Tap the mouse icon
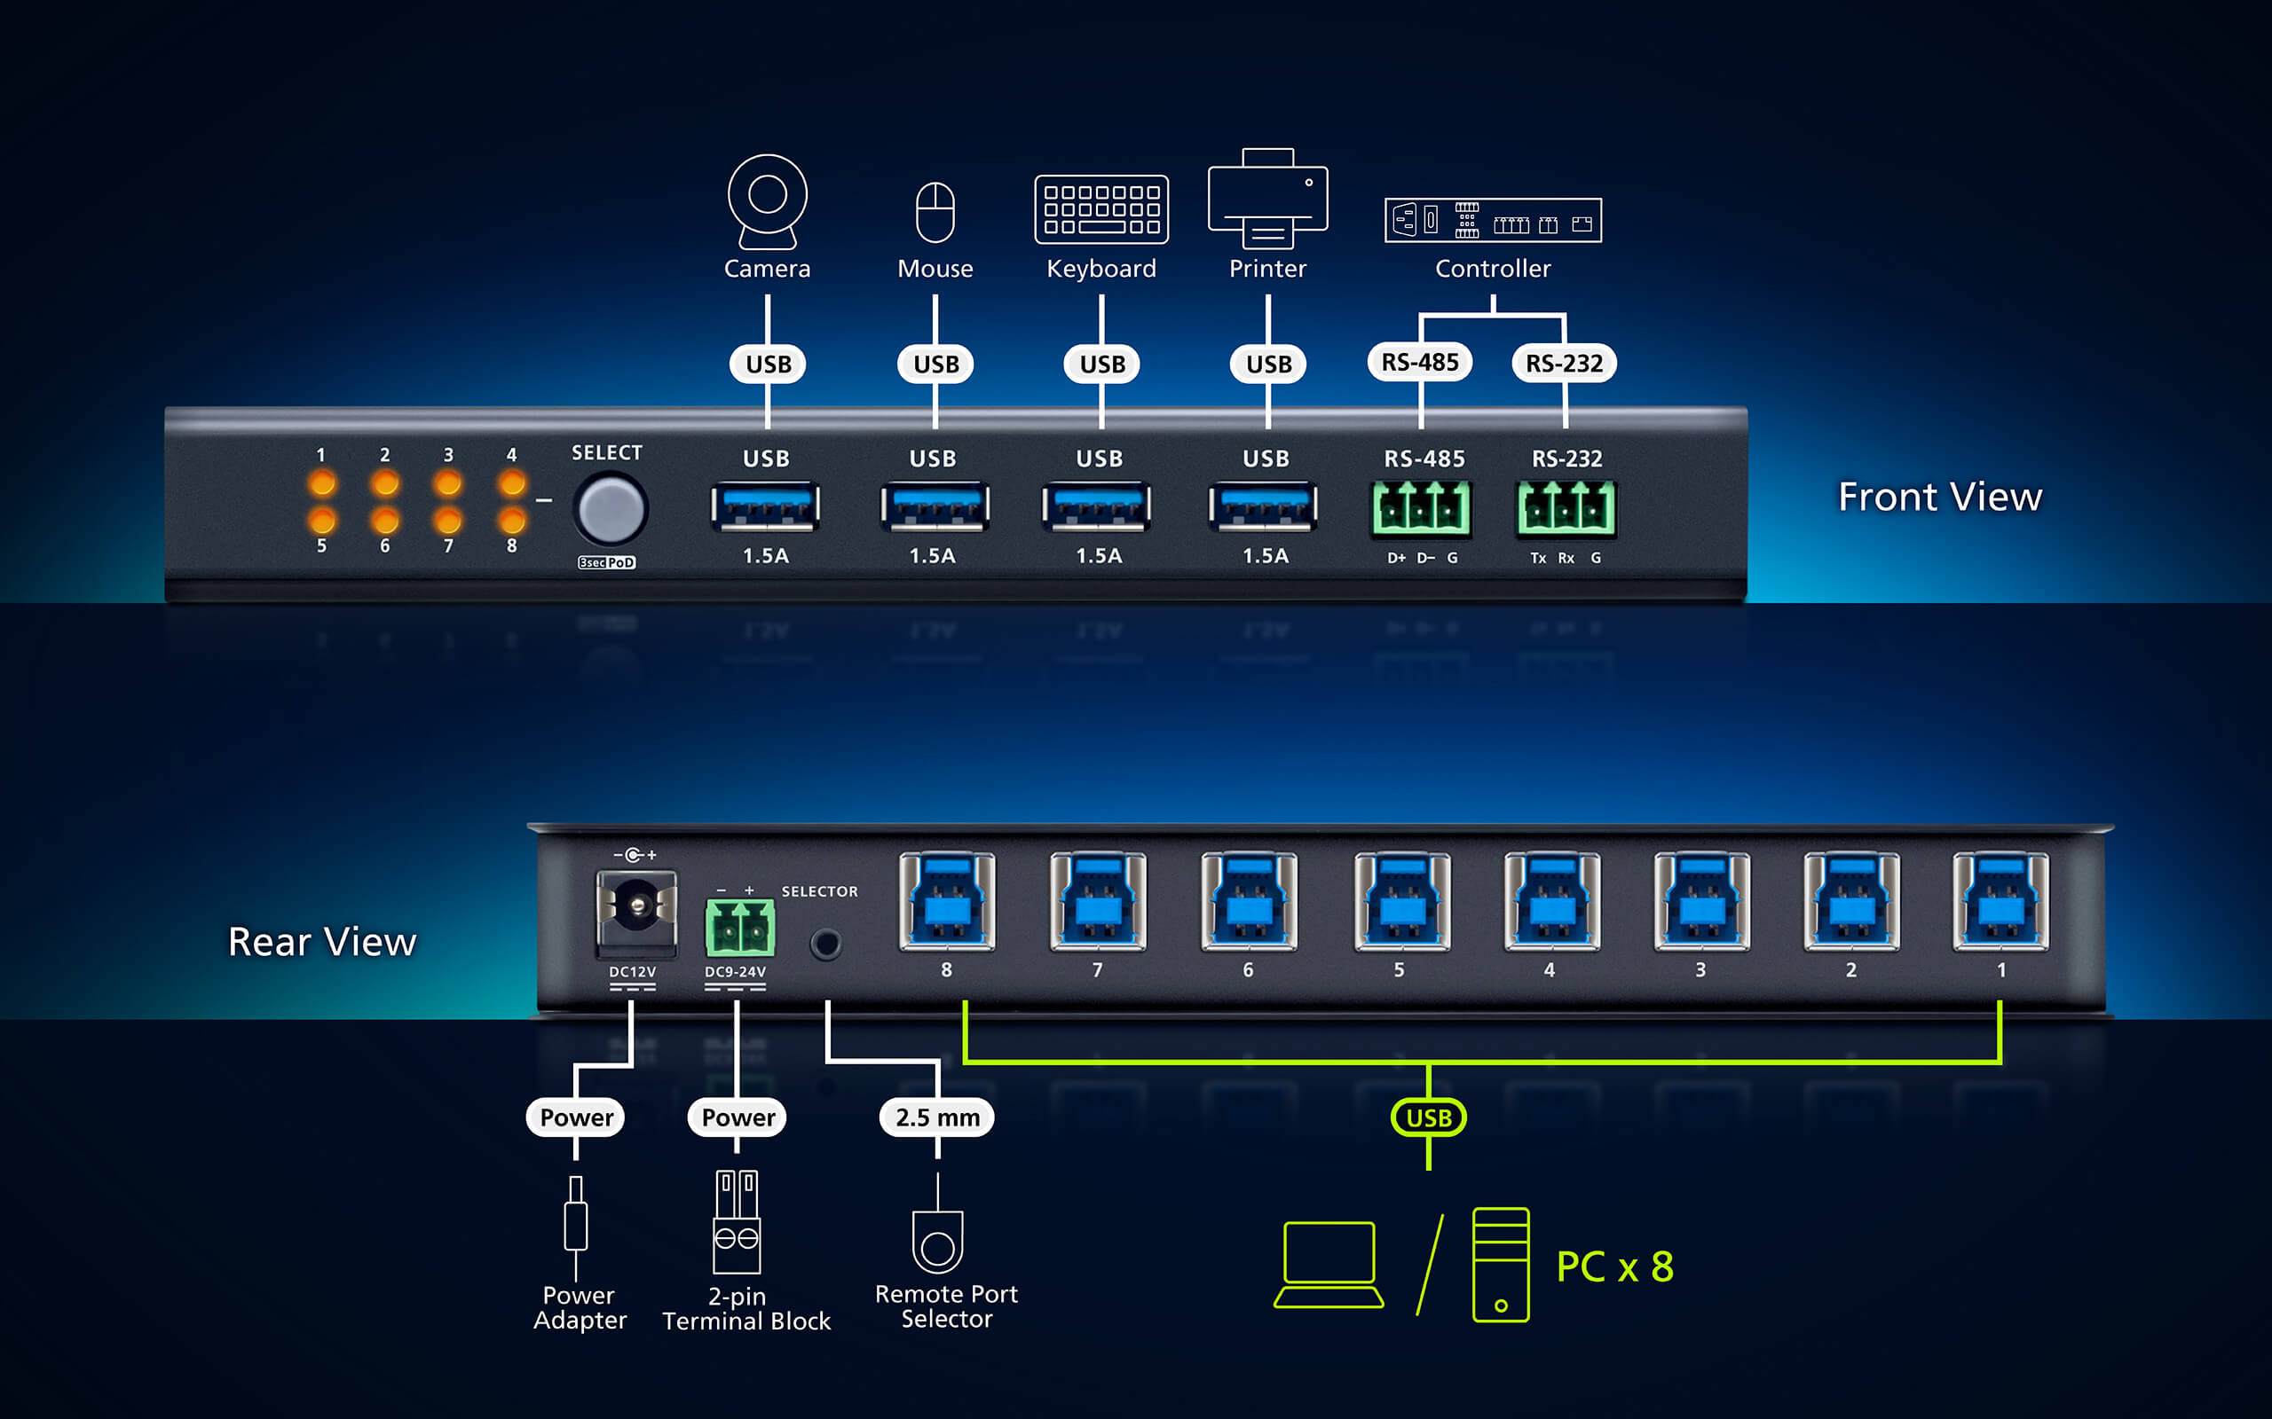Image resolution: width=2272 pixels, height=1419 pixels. tap(935, 212)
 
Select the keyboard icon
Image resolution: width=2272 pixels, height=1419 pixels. tap(1101, 208)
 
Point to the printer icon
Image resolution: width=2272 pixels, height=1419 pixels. tap(1267, 198)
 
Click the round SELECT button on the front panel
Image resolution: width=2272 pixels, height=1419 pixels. tap(611, 510)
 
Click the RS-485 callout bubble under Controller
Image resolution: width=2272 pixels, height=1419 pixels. tap(1419, 362)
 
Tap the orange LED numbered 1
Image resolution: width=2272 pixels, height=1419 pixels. tap(322, 483)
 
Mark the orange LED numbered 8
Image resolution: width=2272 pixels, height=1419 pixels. tap(512, 520)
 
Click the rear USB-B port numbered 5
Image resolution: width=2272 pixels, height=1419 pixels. tap(1401, 901)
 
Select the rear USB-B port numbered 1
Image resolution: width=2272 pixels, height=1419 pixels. tap(2000, 901)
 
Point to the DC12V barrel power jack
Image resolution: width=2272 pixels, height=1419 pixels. tap(636, 908)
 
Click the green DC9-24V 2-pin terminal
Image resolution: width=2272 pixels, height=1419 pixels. tap(740, 928)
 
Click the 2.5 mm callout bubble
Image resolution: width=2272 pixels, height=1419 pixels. tap(937, 1117)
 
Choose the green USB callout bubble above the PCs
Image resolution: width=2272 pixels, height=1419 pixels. tap(1428, 1117)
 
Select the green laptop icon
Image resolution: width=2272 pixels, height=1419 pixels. tap(1329, 1263)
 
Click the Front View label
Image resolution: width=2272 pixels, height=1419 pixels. tap(1940, 497)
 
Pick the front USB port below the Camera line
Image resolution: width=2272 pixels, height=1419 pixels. tap(765, 506)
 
